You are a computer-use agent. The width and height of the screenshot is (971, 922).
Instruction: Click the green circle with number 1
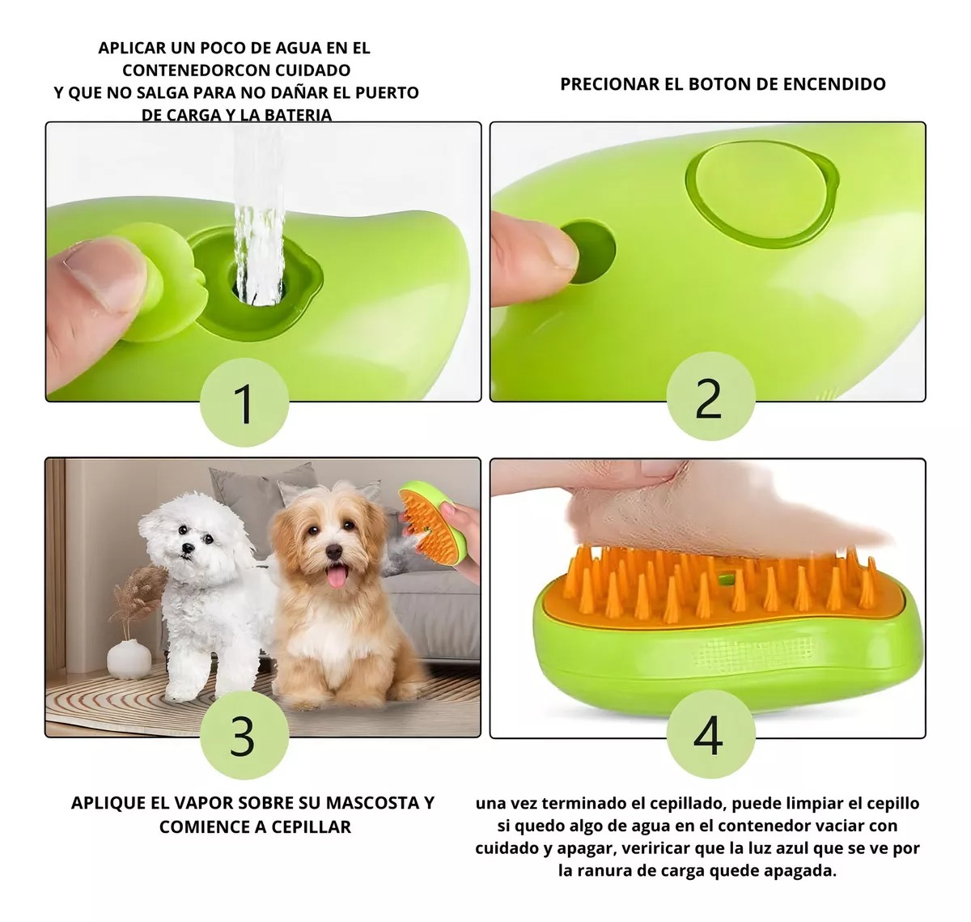pyautogui.click(x=244, y=402)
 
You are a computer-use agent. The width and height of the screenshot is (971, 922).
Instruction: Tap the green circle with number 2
pyautogui.click(x=710, y=397)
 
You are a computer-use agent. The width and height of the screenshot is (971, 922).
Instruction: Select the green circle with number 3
pyautogui.click(x=244, y=734)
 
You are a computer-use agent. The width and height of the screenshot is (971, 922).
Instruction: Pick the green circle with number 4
pyautogui.click(x=710, y=734)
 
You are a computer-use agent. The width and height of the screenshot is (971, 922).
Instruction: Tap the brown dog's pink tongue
pyautogui.click(x=335, y=575)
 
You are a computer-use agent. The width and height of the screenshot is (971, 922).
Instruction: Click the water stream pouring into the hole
pyautogui.click(x=257, y=227)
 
